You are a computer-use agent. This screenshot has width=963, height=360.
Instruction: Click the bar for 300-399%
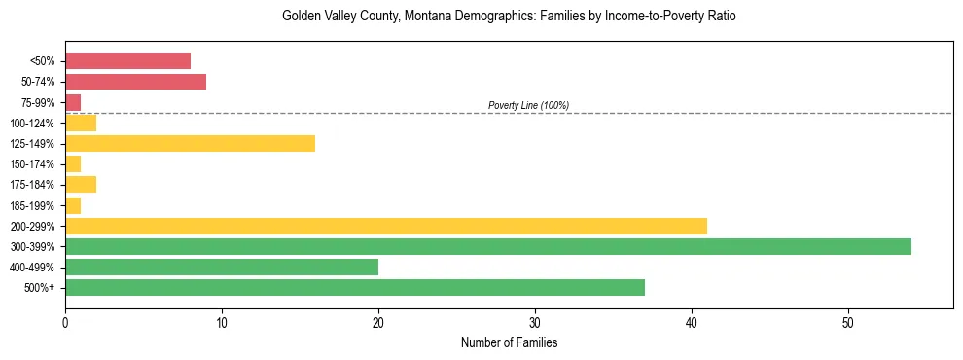[x=487, y=246]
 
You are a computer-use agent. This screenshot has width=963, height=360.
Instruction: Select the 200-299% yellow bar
[x=385, y=226]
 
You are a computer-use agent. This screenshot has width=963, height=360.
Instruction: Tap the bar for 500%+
[x=354, y=287]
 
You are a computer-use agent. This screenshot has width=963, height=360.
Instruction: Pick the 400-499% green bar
[x=221, y=267]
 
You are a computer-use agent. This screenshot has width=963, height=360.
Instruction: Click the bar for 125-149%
[x=190, y=144]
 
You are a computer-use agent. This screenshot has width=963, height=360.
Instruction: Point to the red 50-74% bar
[x=135, y=82]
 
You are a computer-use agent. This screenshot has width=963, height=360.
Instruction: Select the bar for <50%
[x=127, y=61]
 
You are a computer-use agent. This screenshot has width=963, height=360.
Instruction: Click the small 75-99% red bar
[x=73, y=102]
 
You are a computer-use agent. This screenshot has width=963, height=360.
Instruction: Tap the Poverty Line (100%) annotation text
[x=528, y=105]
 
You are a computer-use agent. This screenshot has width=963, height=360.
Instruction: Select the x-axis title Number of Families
[x=509, y=342]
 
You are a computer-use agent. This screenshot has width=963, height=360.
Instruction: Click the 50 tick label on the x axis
[x=848, y=322]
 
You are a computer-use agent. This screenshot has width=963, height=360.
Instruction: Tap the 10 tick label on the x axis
[x=222, y=322]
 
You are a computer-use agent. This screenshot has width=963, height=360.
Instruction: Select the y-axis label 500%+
[x=39, y=287]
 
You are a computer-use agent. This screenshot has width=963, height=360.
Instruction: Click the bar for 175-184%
[x=81, y=185]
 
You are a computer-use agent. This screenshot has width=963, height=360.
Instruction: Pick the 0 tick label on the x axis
[x=65, y=322]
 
